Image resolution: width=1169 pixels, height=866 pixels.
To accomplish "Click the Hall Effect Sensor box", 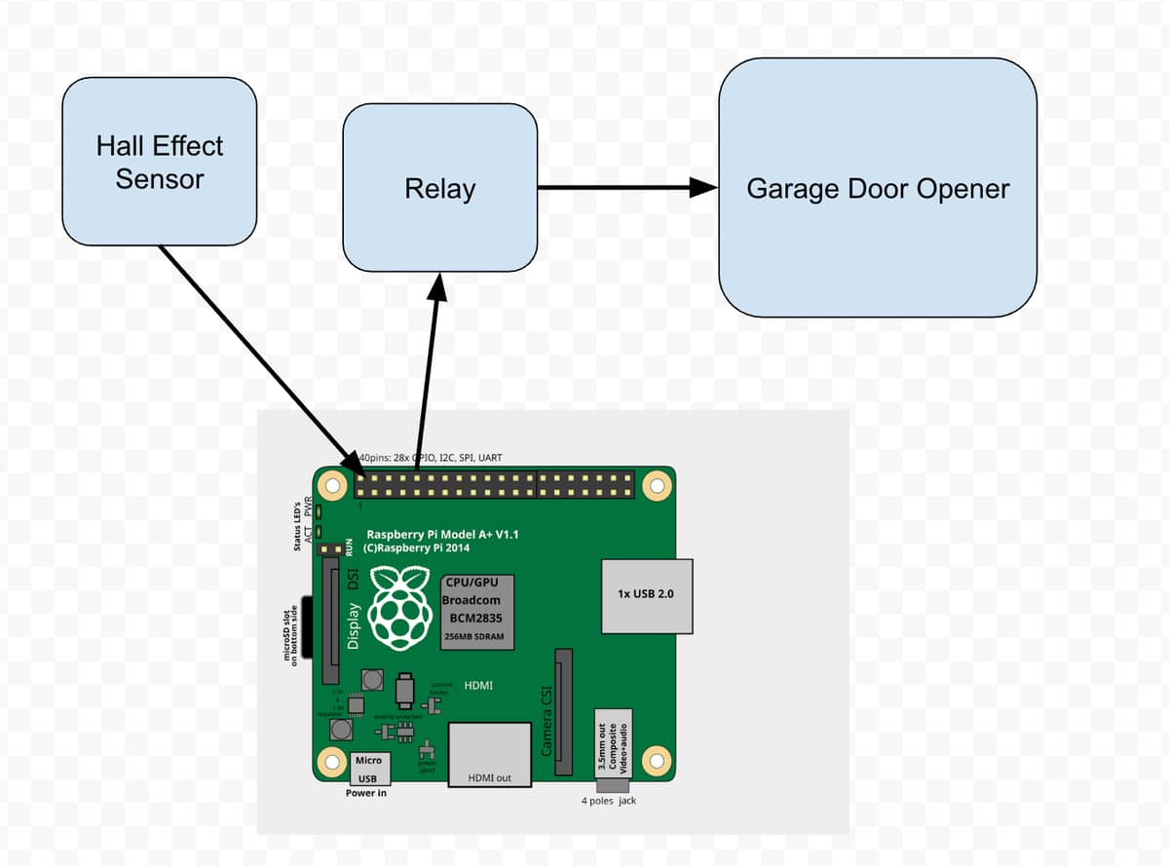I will (x=159, y=162).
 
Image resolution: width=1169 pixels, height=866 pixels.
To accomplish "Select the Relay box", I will (x=439, y=187).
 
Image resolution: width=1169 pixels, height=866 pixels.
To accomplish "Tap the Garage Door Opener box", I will (x=877, y=188).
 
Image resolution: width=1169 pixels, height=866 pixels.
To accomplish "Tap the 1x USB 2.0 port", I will (x=647, y=593).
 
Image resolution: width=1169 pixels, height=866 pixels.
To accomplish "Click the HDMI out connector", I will (x=489, y=754).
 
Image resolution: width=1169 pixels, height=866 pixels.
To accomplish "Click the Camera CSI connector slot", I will (x=564, y=712).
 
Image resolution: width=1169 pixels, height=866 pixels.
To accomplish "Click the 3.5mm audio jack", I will (x=614, y=746).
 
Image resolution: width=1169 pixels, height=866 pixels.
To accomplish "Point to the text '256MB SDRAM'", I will (x=474, y=636).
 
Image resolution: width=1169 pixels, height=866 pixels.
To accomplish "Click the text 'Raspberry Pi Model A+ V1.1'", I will (x=441, y=535).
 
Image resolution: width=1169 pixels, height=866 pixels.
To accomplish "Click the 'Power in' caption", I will (x=366, y=793).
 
